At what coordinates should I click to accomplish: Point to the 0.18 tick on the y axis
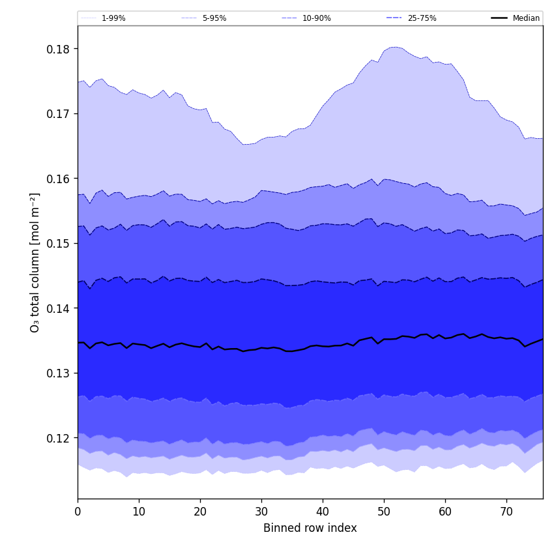(59, 49)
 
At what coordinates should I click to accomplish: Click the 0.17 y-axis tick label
(59, 113)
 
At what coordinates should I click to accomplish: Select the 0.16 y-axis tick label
(59, 179)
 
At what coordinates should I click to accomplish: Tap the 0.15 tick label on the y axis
(59, 243)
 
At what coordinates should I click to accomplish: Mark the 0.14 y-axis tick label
(59, 308)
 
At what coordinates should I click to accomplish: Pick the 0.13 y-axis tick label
(59, 373)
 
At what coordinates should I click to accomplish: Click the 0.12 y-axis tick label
(59, 438)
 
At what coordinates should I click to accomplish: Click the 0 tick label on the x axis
(78, 512)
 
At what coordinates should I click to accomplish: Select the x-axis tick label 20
(200, 512)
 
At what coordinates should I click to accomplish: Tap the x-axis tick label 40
(323, 512)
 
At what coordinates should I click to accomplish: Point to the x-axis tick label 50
(384, 512)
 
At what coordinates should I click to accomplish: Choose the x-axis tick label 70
(506, 512)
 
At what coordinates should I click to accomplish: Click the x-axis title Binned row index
(310, 529)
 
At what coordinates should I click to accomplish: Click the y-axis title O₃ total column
(35, 262)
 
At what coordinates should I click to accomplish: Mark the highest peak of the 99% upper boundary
(393, 47)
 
